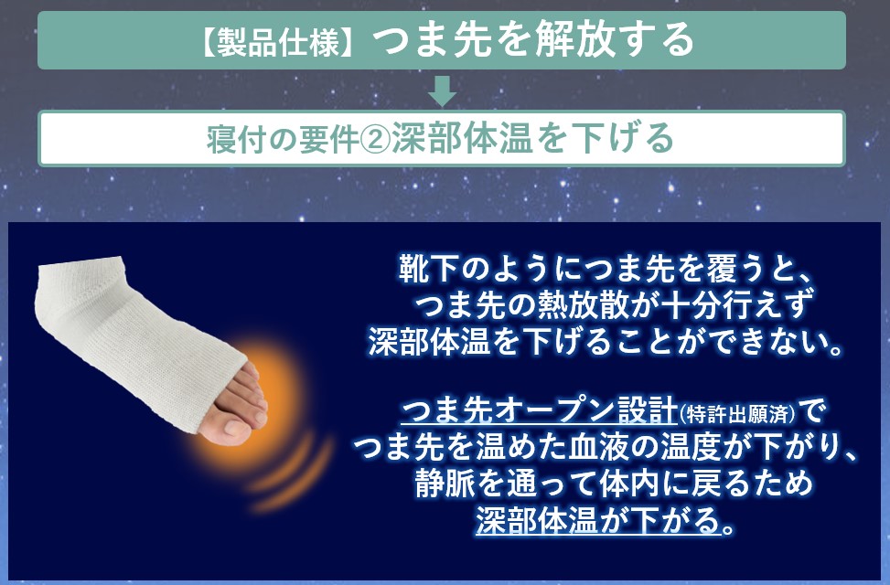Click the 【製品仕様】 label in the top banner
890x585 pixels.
click(279, 42)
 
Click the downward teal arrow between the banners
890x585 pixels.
click(442, 90)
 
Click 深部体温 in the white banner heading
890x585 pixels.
click(462, 139)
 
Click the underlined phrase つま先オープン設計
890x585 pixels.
click(540, 410)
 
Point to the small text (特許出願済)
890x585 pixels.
click(736, 414)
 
